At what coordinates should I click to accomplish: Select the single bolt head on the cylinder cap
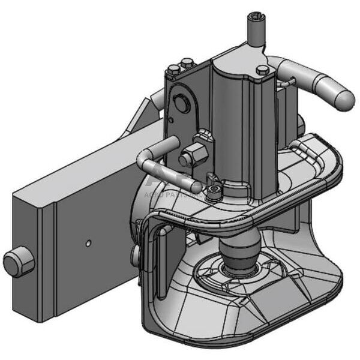263,70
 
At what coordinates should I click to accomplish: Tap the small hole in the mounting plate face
88,243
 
